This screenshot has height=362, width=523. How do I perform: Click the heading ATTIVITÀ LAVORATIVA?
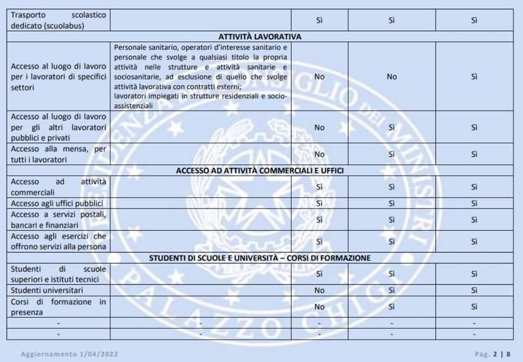tap(260, 37)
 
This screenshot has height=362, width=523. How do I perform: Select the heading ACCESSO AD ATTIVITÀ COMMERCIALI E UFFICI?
tap(260, 171)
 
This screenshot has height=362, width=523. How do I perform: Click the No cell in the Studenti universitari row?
tap(319, 291)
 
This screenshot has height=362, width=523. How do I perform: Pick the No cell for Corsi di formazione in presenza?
tap(319, 306)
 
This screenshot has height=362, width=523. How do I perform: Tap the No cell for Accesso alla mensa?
tap(319, 154)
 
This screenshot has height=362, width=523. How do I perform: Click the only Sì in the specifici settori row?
tap(474, 76)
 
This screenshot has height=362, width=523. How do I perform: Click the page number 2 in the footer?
tap(496, 354)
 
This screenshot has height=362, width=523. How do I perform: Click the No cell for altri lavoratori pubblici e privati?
tap(319, 127)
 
